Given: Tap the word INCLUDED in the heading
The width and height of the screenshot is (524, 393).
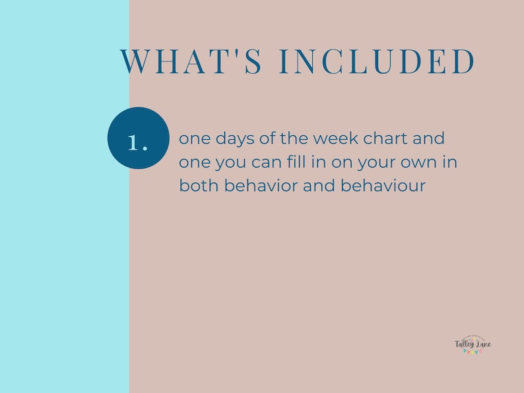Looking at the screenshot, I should tap(377, 62).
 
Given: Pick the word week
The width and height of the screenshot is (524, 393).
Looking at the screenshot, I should tap(334, 139).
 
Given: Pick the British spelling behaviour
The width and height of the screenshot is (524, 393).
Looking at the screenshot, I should tap(383, 186).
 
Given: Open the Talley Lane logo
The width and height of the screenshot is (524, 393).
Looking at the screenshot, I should tap(473, 345).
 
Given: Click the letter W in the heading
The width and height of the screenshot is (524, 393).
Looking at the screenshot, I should tap(135, 62).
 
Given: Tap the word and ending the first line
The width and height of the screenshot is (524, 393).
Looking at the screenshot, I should tap(430, 139).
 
